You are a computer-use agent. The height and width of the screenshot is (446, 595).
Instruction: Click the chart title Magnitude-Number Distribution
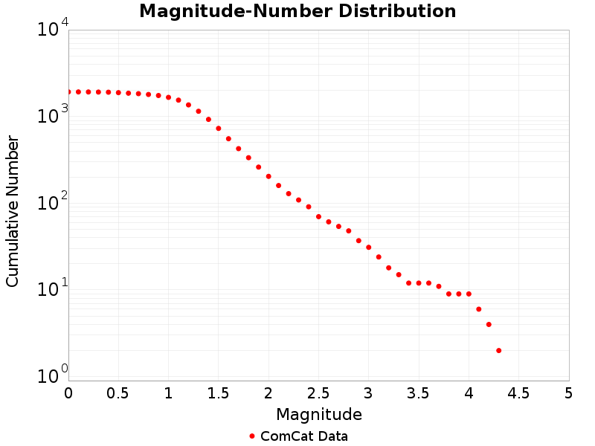tap(297, 12)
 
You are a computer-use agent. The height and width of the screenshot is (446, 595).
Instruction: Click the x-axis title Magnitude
tap(318, 414)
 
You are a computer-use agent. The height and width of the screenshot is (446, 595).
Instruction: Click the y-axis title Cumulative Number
tap(13, 211)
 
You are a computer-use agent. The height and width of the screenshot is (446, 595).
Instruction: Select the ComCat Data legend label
tap(303, 436)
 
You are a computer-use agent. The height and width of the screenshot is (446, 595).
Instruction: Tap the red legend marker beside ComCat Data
tap(252, 436)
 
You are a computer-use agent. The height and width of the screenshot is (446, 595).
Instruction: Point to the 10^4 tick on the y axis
tap(54, 30)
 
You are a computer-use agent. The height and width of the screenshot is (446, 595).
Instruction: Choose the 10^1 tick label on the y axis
tap(54, 289)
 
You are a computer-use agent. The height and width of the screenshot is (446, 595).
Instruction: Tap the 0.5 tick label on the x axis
tap(118, 392)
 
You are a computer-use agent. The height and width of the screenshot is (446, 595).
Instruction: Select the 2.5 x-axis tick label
tap(318, 392)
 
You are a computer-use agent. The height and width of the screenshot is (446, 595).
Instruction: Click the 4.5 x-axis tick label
tap(518, 392)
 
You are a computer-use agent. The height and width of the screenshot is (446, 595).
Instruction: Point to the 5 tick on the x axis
tap(568, 392)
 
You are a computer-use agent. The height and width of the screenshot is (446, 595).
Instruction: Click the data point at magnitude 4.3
tap(498, 350)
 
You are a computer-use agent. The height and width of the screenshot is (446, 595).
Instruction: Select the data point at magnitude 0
tap(68, 91)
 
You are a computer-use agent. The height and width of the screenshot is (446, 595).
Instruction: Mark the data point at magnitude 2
tap(268, 176)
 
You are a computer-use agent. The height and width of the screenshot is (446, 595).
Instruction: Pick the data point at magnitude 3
tap(368, 247)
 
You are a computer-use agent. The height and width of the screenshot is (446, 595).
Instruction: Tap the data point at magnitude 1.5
tap(219, 128)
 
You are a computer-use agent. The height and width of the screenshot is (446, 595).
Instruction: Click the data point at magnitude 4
tap(469, 294)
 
